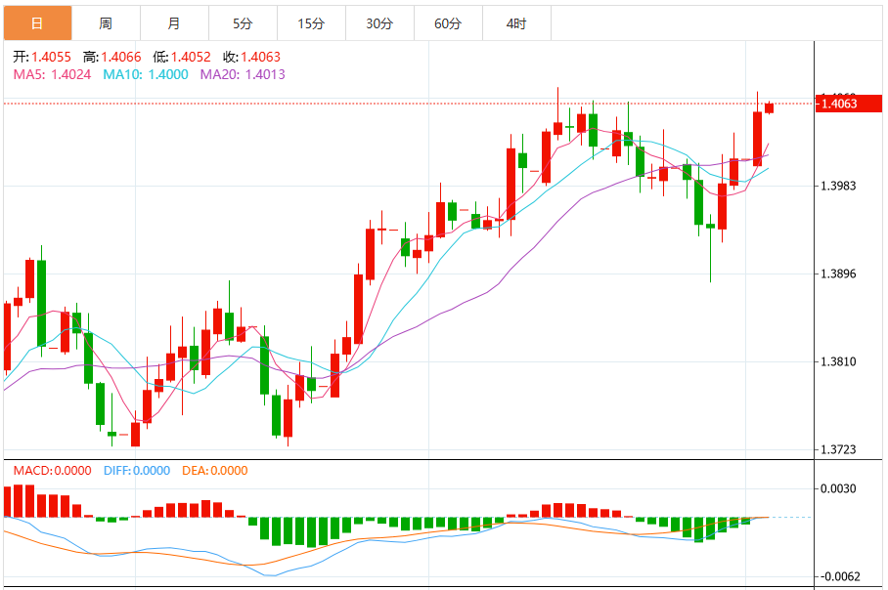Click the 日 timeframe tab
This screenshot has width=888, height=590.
click(37, 22)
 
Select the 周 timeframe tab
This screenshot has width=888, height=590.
click(106, 22)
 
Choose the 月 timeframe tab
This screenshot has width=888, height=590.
click(174, 22)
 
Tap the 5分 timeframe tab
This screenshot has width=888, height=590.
click(243, 22)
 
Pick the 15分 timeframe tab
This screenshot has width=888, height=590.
click(311, 22)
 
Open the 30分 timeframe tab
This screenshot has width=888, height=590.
click(379, 22)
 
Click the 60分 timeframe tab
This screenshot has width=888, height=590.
click(448, 22)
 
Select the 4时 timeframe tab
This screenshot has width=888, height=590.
click(516, 22)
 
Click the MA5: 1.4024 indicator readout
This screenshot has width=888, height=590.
click(52, 73)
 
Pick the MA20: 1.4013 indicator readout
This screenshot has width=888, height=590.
click(243, 73)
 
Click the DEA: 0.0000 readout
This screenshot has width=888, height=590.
click(215, 471)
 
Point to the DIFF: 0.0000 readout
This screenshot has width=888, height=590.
click(137, 471)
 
